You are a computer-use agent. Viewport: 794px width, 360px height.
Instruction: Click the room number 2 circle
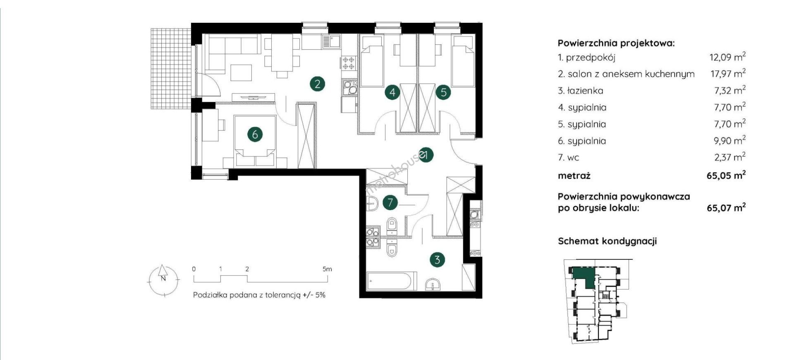pos(317,84)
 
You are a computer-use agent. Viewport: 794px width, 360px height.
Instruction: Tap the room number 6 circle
pos(255,134)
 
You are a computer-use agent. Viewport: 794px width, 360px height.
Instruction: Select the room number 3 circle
pos(437,260)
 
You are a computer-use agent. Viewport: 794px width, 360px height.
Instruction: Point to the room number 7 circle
pos(390,203)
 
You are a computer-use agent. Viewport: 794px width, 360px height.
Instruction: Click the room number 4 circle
pos(392,92)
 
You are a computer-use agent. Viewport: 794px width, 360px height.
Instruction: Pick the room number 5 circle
pos(443,92)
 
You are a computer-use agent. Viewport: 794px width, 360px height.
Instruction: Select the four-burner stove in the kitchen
pos(348,63)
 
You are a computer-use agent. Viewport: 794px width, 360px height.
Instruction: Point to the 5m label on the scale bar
pos(327,269)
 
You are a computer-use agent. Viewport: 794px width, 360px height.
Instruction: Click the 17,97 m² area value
pos(728,74)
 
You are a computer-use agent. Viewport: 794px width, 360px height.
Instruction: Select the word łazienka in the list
pos(585,91)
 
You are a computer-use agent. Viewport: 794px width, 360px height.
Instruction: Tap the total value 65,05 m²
pos(726,175)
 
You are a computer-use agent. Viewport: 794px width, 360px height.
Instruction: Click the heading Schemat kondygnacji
pos(607,241)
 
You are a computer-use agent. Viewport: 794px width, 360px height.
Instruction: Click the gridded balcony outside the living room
pos(171,69)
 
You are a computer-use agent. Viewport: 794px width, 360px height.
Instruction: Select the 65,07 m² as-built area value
pos(726,207)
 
